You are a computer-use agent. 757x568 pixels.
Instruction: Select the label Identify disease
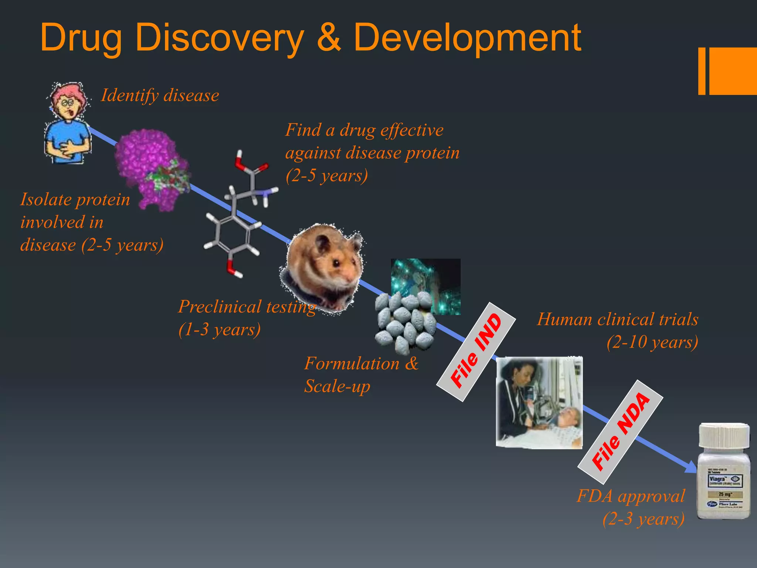point(160,95)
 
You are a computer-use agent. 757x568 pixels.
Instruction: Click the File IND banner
point(476,351)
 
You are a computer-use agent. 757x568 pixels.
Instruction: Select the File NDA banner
point(620,432)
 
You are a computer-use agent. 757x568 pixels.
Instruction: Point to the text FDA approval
point(631,496)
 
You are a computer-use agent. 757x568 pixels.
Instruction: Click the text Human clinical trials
point(617,319)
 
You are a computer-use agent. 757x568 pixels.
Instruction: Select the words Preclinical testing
point(247,307)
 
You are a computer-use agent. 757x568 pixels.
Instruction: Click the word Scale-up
point(337,386)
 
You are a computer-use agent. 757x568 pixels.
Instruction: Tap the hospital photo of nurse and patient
point(539,403)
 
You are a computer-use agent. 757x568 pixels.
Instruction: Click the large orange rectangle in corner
point(733,71)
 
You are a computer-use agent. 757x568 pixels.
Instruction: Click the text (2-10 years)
point(652,342)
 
